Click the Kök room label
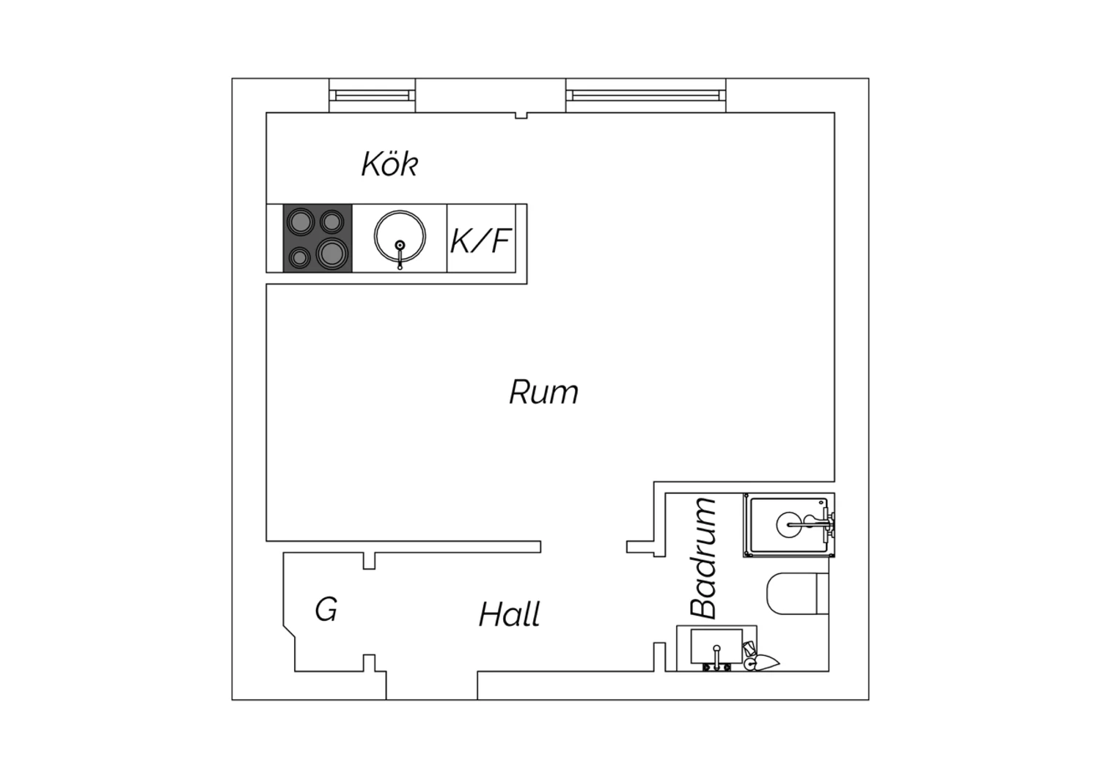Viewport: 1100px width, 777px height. (x=390, y=164)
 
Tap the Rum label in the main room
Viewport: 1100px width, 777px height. (x=543, y=392)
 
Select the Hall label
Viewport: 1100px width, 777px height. (x=510, y=614)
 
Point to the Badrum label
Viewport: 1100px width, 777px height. (x=703, y=558)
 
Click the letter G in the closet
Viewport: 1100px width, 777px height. (x=326, y=609)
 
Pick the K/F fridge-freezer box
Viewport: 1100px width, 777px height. (x=481, y=238)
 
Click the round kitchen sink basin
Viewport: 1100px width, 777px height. (x=400, y=236)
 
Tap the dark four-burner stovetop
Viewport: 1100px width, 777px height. (x=318, y=238)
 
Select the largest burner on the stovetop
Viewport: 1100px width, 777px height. (x=332, y=254)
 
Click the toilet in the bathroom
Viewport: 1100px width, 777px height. (x=798, y=594)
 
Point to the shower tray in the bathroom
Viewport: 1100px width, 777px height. (x=789, y=525)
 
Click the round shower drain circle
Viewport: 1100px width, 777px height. (x=788, y=525)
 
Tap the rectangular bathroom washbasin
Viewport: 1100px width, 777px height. (x=716, y=646)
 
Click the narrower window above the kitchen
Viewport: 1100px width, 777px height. (x=372, y=95)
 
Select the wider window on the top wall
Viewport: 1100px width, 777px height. (x=646, y=95)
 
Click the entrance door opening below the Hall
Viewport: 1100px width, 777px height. (x=432, y=685)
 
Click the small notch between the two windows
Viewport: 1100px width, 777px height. (x=521, y=115)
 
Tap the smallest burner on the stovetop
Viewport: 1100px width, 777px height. (x=299, y=257)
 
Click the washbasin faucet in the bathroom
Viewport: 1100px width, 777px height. (x=716, y=658)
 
